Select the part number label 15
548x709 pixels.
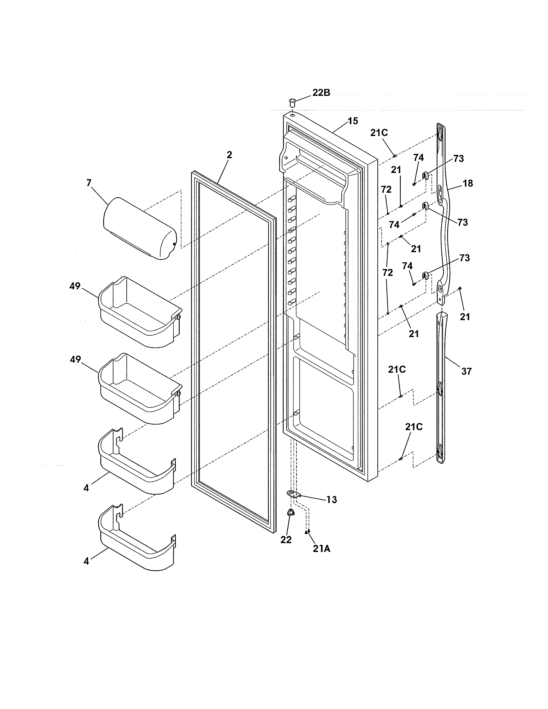coord(353,121)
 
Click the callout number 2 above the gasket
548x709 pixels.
coord(229,155)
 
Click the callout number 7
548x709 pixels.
coord(89,183)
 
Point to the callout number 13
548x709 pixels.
coord(331,500)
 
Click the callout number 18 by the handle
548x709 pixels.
coord(468,183)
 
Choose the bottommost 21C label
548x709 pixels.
coord(414,427)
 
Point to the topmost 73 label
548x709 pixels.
coord(458,159)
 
